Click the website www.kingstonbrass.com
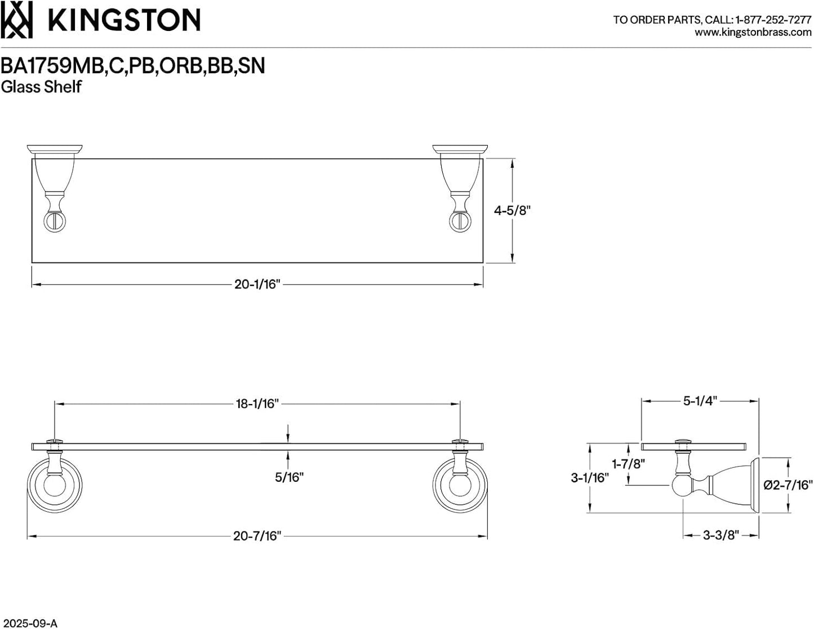pyautogui.click(x=753, y=33)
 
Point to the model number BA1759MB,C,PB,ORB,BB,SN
pyautogui.click(x=132, y=66)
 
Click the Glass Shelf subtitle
pyautogui.click(x=41, y=87)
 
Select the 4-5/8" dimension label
pyautogui.click(x=512, y=211)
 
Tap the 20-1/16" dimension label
pyautogui.click(x=257, y=284)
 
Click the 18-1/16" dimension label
pyautogui.click(x=257, y=404)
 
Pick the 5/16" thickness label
pyautogui.click(x=289, y=477)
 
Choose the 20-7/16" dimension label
pyautogui.click(x=257, y=536)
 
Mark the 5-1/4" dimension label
pyautogui.click(x=700, y=401)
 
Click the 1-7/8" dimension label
pyautogui.click(x=628, y=464)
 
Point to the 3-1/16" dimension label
pyautogui.click(x=590, y=477)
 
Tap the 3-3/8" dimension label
pyautogui.click(x=720, y=535)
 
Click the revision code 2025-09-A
pyautogui.click(x=29, y=623)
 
